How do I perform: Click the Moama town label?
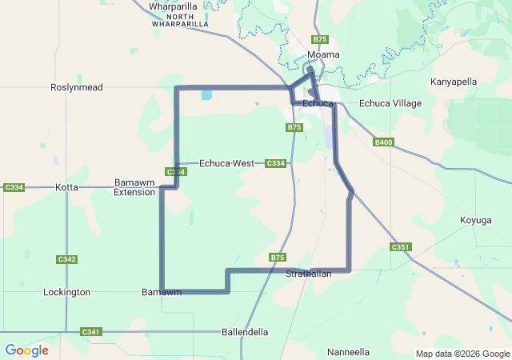pyautogui.click(x=324, y=54)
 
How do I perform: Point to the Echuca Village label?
pyautogui.click(x=390, y=103)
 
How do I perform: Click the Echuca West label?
pyautogui.click(x=226, y=163)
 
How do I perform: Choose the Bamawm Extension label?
pyautogui.click(x=134, y=187)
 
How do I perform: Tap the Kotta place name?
pyautogui.click(x=67, y=187)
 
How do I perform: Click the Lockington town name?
pyautogui.click(x=66, y=292)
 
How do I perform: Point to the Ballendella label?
pyautogui.click(x=245, y=331)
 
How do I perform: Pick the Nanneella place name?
pyautogui.click(x=349, y=352)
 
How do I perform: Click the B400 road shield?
pyautogui.click(x=384, y=142)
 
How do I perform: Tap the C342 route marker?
pyautogui.click(x=67, y=259)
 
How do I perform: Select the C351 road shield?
pyautogui.click(x=401, y=247)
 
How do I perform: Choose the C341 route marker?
pyautogui.click(x=91, y=331)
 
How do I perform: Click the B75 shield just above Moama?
pyautogui.click(x=320, y=39)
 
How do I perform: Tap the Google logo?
pyautogui.click(x=26, y=350)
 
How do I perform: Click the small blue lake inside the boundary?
pyautogui.click(x=207, y=94)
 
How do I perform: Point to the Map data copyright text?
pyautogui.click(x=462, y=354)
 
